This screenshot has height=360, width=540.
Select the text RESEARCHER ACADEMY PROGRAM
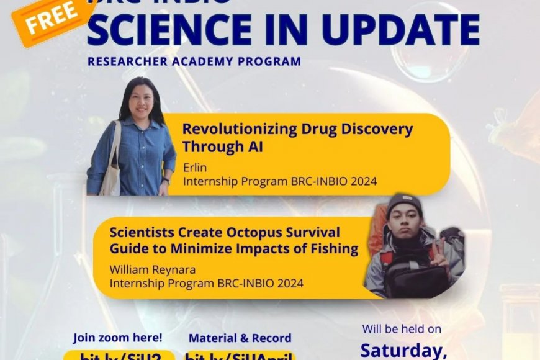pos(194,61)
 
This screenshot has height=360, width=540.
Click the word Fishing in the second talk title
pos(334,249)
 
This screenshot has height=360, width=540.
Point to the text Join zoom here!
pos(118,338)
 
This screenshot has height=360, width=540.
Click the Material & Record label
pos(240,338)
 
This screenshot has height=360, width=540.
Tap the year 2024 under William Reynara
pos(290,284)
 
